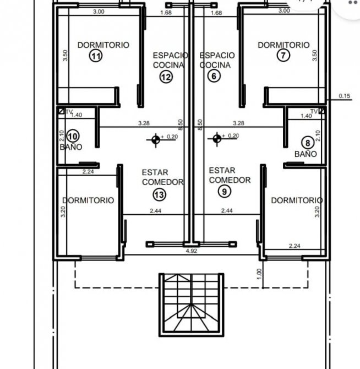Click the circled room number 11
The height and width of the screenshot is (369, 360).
click(x=96, y=56)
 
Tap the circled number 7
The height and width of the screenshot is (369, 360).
click(x=283, y=55)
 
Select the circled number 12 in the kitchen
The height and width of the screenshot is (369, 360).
click(x=166, y=77)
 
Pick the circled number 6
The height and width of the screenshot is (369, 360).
click(x=214, y=76)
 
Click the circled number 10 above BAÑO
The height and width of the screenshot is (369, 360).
click(x=73, y=136)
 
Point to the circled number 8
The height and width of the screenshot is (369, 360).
click(x=308, y=143)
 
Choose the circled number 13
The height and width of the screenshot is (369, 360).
click(x=160, y=194)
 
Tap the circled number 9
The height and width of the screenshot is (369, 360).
click(x=225, y=192)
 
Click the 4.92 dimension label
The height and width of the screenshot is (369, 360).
click(x=192, y=251)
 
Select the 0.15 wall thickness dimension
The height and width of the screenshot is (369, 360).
click(x=345, y=96)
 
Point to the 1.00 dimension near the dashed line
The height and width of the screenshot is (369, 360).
click(x=259, y=274)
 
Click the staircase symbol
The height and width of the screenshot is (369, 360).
click(x=192, y=305)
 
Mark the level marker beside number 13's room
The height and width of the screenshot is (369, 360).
click(x=156, y=140)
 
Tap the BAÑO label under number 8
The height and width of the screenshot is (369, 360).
click(x=306, y=154)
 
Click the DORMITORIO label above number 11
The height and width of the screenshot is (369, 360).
click(x=103, y=45)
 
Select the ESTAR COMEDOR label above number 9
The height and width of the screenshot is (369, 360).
click(x=230, y=175)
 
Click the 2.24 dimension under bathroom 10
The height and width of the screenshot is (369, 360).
click(x=88, y=172)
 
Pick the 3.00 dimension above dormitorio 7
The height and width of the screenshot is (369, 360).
click(x=284, y=10)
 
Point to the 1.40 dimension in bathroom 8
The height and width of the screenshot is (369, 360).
click(x=306, y=116)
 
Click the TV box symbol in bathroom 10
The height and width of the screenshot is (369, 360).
click(x=61, y=111)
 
